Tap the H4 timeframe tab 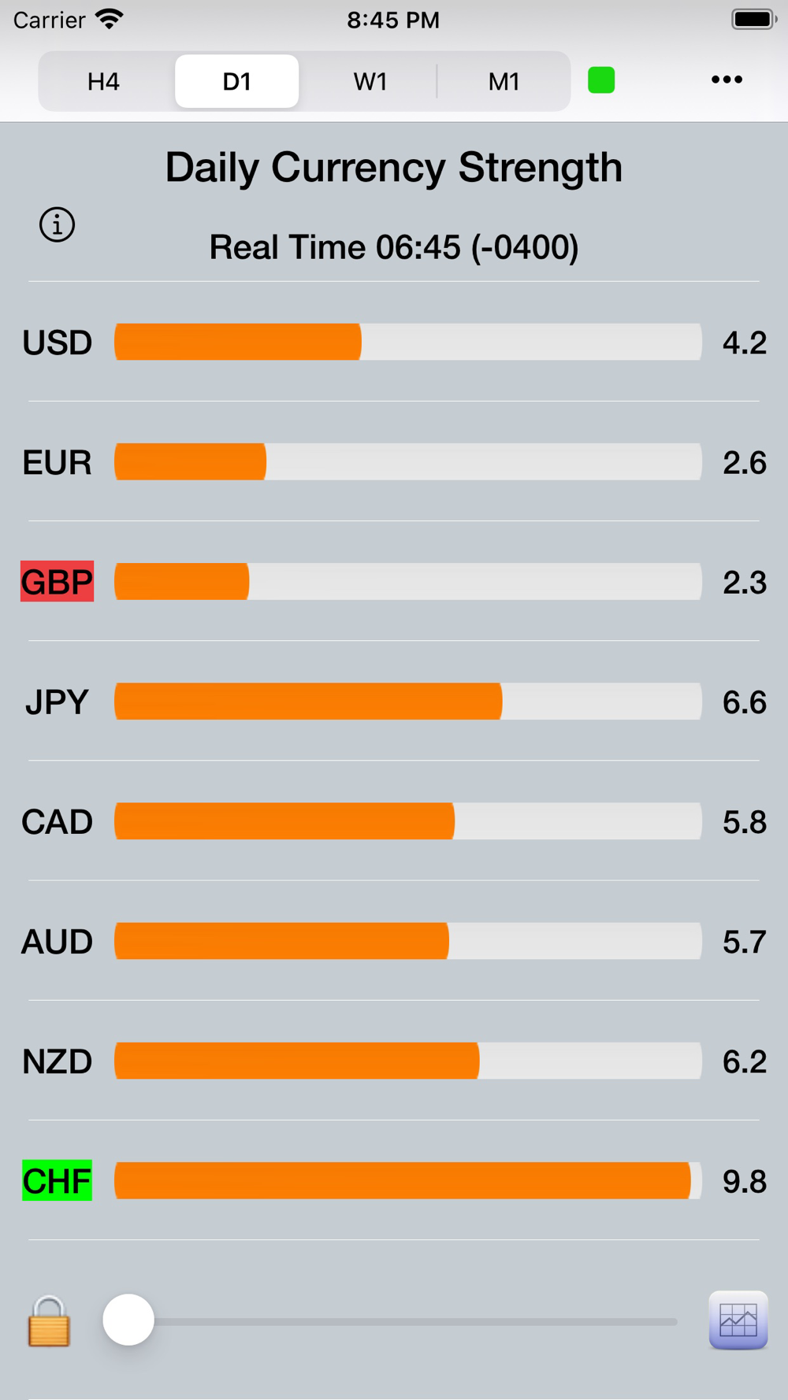[x=103, y=81]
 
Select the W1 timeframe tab [x=370, y=81]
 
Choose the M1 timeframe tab [x=504, y=81]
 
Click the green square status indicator [x=601, y=80]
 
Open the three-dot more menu [x=727, y=80]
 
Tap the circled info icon [x=57, y=225]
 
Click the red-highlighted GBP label [x=57, y=582]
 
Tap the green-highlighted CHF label [x=57, y=1181]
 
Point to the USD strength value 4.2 [x=744, y=343]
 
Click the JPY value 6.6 [x=744, y=702]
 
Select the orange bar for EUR [x=191, y=462]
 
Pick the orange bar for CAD [x=284, y=821]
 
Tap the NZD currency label [x=57, y=1061]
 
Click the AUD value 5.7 [x=744, y=942]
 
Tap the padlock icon [x=49, y=1322]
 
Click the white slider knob [x=128, y=1320]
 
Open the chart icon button [x=738, y=1320]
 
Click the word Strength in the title [x=540, y=168]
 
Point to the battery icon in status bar [x=753, y=20]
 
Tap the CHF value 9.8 [x=744, y=1181]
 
